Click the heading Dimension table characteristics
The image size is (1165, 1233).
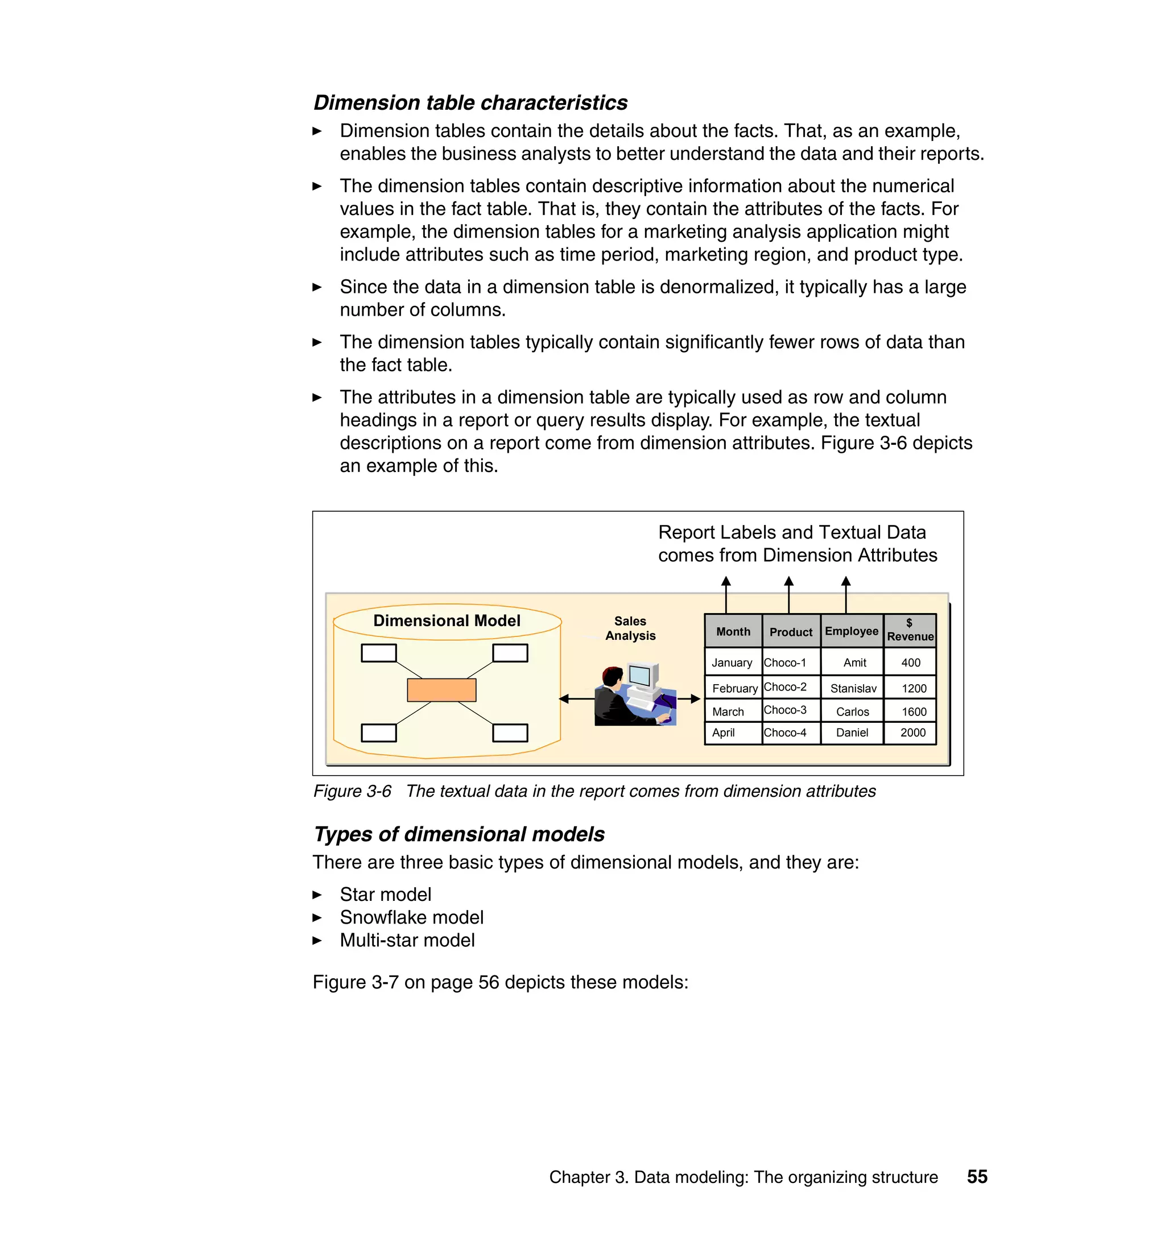(470, 102)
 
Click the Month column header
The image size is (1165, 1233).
(733, 631)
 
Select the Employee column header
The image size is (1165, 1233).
(852, 631)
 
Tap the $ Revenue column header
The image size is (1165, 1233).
(910, 630)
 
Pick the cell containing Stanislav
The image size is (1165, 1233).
(853, 688)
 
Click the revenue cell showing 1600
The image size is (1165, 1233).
(914, 711)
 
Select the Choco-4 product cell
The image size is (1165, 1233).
(785, 733)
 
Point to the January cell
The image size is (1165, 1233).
(732, 663)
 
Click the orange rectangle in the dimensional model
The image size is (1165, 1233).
(441, 690)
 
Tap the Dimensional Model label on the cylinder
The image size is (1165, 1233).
(447, 621)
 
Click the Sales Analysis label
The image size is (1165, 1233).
(630, 628)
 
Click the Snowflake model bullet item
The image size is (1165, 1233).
(411, 917)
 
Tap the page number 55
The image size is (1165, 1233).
(977, 1177)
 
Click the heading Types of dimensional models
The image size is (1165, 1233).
(459, 834)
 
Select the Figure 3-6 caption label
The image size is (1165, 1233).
(352, 791)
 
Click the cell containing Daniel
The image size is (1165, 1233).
(852, 733)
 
